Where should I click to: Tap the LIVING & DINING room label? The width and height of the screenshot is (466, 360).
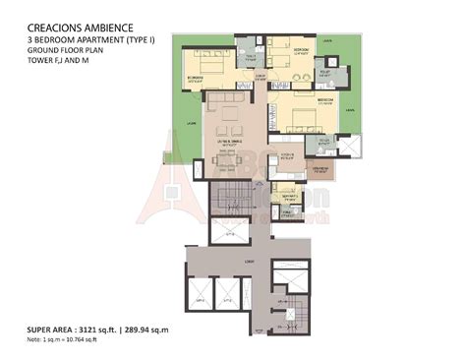pos(231,143)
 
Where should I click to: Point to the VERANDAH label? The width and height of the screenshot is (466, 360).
pos(320,169)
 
